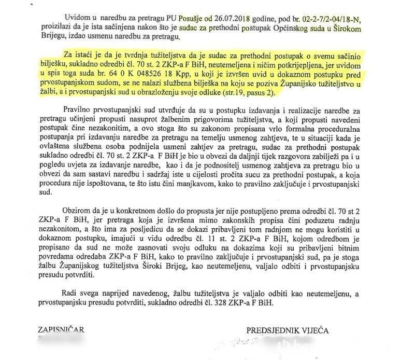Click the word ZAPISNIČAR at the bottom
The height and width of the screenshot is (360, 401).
pyautogui.click(x=61, y=330)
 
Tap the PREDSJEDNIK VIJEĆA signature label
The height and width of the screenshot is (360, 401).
pyautogui.click(x=287, y=330)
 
